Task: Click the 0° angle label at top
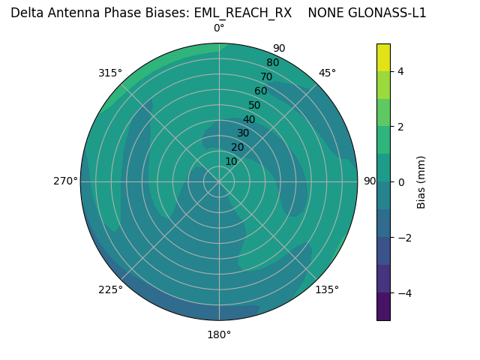click(x=219, y=28)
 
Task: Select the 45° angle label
click(x=327, y=73)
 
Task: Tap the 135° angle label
click(x=327, y=289)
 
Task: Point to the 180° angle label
click(x=219, y=334)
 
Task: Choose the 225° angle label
click(x=110, y=289)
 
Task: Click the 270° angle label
click(x=66, y=181)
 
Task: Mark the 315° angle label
click(x=110, y=73)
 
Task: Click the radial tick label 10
click(x=231, y=161)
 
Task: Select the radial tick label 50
click(x=254, y=105)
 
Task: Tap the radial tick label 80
click(x=272, y=62)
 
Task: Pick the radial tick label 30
click(x=243, y=133)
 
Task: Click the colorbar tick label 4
click(x=400, y=71)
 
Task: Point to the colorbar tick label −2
click(x=403, y=238)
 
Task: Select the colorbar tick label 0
click(x=400, y=182)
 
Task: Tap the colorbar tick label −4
click(x=403, y=293)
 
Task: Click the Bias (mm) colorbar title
click(x=421, y=182)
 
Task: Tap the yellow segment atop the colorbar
click(x=383, y=57)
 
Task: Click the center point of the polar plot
click(x=219, y=181)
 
